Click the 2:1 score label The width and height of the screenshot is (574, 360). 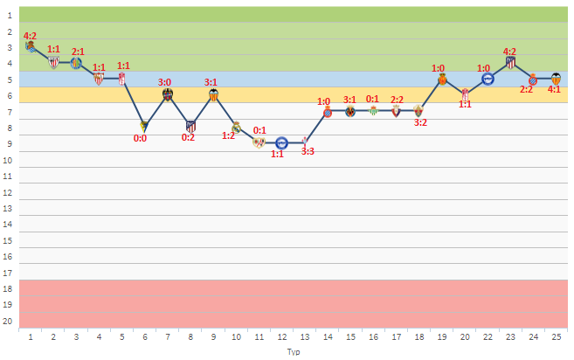78,52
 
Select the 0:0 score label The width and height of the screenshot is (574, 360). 140,138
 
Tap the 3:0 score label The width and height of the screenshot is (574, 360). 165,82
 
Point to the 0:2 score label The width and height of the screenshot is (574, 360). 189,137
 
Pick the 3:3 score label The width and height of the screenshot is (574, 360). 308,152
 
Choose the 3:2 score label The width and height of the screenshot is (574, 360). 420,123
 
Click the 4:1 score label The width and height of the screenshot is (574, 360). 554,89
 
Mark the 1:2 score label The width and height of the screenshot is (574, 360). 228,135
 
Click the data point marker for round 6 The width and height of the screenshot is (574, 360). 144,126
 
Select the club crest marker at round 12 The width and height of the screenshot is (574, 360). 281,143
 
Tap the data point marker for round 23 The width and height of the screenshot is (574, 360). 510,63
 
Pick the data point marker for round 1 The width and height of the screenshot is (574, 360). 31,46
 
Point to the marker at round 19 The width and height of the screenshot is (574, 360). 442,79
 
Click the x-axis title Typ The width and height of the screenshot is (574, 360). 293,351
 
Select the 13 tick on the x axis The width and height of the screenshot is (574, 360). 304,336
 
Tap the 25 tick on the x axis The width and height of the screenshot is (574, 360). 556,336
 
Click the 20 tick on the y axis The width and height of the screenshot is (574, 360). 9,322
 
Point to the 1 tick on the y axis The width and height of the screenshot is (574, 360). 9,16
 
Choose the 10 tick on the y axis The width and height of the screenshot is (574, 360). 9,161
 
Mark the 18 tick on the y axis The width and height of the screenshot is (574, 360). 9,289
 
